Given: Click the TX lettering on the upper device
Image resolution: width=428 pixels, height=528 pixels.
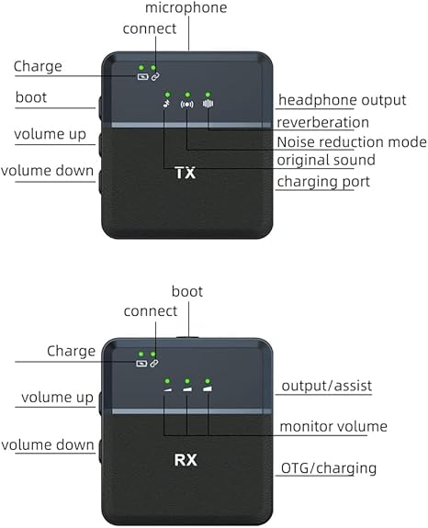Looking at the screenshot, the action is coord(186,173).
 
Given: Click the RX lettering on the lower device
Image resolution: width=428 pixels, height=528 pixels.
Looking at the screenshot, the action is coord(186,460).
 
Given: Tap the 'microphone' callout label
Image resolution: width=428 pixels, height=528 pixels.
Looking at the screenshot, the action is coord(186,7).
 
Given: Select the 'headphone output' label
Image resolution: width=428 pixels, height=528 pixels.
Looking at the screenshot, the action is coord(343,100).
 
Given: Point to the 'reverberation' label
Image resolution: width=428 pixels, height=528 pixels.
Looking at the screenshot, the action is coord(322,122).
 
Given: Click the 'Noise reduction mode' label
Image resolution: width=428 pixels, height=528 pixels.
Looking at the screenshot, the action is coord(352,141).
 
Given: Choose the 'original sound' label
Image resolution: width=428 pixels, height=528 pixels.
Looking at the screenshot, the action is coord(326,160).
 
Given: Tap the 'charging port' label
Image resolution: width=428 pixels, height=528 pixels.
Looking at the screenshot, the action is coord(323,182).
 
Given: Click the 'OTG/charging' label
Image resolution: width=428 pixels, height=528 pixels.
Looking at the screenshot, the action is coord(329,468).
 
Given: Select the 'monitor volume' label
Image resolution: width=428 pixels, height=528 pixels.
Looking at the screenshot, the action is coord(333,426).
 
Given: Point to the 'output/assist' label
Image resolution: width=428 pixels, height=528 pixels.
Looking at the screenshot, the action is coord(327,386).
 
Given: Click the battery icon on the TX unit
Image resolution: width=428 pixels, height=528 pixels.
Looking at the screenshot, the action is coord(142,77).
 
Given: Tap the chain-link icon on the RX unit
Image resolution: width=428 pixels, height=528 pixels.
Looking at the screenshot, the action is coord(154,364).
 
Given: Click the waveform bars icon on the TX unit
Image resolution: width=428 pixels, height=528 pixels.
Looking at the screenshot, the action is coord(208,104).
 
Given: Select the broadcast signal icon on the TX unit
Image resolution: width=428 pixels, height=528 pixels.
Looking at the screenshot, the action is coord(186,105).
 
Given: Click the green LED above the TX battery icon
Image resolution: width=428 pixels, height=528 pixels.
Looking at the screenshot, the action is coord(141,68).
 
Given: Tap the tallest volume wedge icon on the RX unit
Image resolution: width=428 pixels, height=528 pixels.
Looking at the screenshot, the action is coord(208,389).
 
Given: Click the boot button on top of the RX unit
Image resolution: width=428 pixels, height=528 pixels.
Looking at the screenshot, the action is coord(187,337).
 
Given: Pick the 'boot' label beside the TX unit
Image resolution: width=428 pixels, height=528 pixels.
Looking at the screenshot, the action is coord(31,97).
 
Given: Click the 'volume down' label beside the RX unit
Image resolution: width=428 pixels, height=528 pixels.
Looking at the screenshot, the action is coord(48,444).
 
